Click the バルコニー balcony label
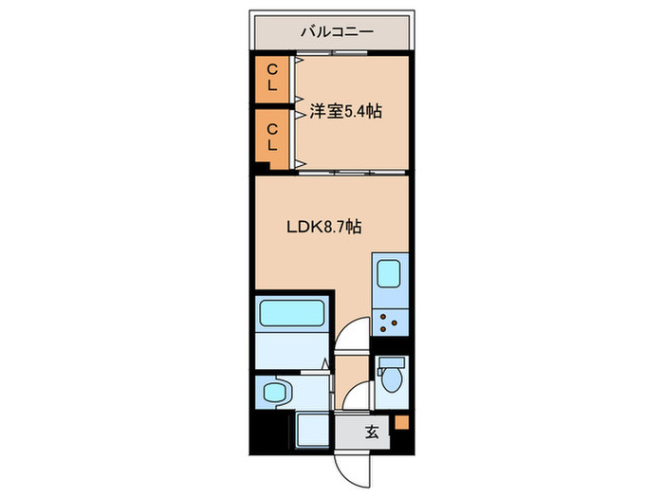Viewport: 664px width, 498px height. [x=337, y=31]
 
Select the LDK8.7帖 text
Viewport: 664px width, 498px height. [x=323, y=227]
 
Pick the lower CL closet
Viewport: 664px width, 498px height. [x=271, y=136]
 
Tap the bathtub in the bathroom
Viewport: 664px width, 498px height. [x=292, y=313]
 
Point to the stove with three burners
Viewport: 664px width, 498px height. [x=389, y=320]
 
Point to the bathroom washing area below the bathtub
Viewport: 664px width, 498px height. [x=290, y=350]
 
